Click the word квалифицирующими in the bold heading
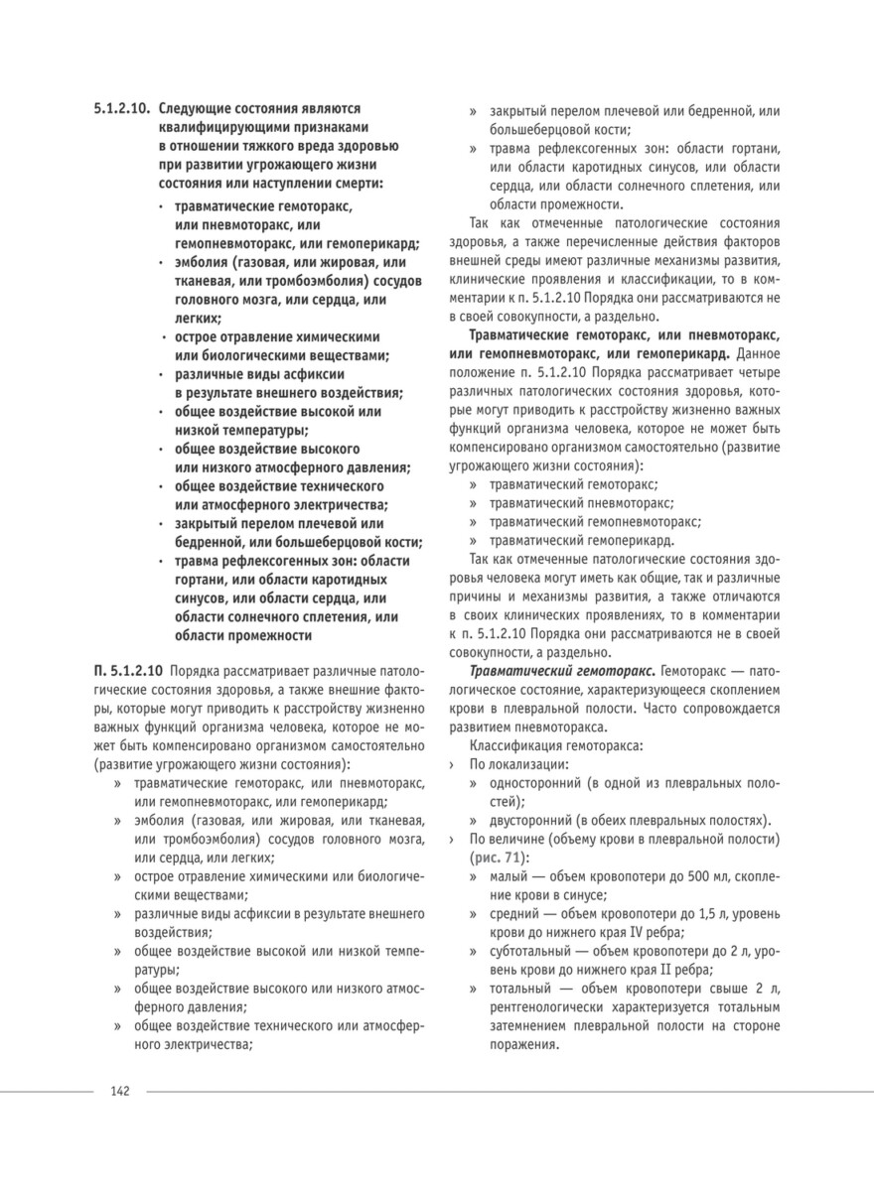[x=214, y=126]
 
